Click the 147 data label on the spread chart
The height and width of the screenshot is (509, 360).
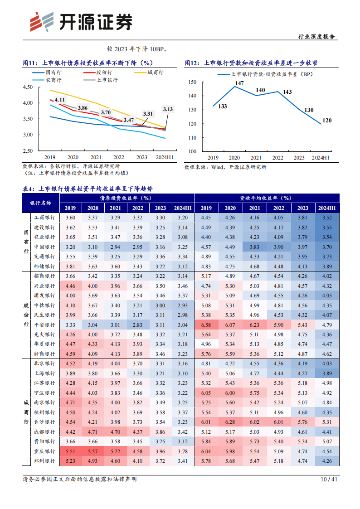coord(239,83)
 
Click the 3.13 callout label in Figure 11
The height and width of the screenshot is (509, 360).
coord(168,109)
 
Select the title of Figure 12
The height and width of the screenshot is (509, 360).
coord(254,63)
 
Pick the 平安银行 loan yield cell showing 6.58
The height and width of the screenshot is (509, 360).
coord(206,325)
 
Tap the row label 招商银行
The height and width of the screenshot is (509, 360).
coord(44,276)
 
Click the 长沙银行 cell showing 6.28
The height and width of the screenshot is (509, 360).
coord(230,422)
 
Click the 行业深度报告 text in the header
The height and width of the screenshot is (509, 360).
coord(318,37)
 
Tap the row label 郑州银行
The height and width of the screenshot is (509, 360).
coord(44,461)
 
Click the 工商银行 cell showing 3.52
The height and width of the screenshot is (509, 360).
coord(327,218)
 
